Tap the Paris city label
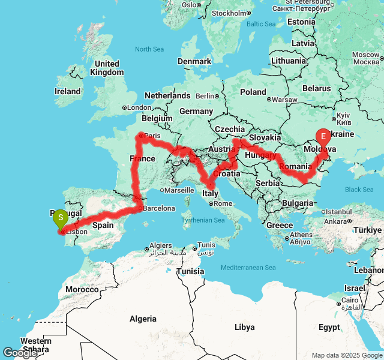[153, 136]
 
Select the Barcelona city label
[159, 209]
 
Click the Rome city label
[223, 203]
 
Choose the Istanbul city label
[340, 212]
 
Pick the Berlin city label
[205, 96]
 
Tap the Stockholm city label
[229, 13]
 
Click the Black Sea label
[359, 190]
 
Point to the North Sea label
[150, 49]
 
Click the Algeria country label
[143, 319]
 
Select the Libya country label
[244, 327]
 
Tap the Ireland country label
[67, 92]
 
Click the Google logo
[20, 353]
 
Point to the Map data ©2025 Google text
[347, 355]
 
